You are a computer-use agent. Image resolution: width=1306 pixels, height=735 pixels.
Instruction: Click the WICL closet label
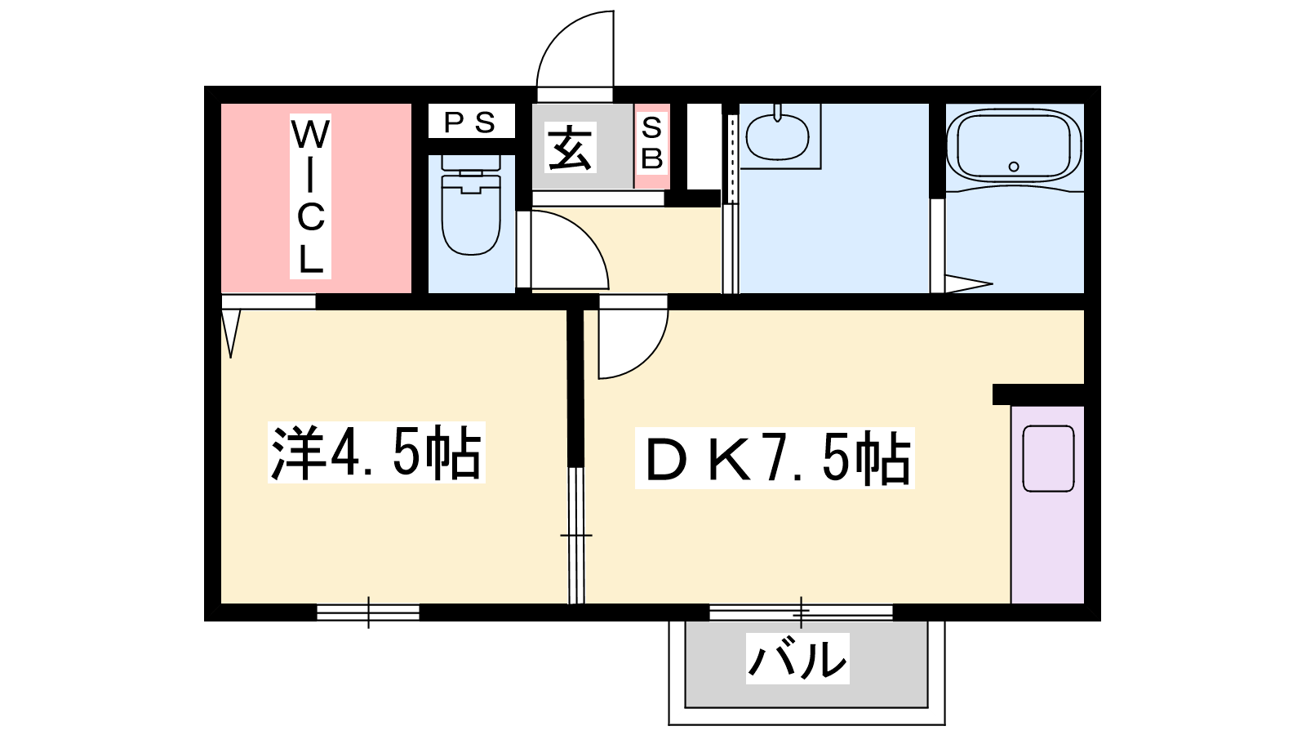(x=311, y=197)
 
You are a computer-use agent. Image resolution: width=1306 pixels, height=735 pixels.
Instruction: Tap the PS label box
(x=471, y=122)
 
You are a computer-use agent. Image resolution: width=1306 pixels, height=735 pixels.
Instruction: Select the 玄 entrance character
(x=571, y=148)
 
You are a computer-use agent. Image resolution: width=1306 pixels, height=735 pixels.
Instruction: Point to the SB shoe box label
(x=651, y=144)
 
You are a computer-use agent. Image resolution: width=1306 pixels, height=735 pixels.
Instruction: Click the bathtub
(x=1014, y=147)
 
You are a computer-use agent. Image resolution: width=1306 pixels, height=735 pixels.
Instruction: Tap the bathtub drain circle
(x=1014, y=167)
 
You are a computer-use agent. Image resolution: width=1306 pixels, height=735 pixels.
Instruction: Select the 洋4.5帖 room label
(x=375, y=452)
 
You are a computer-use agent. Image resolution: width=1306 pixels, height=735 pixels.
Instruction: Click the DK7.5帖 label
(x=775, y=459)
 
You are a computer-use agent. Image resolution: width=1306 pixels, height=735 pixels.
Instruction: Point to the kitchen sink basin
(x=1048, y=458)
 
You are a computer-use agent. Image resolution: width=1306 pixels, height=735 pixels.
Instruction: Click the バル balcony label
(x=798, y=658)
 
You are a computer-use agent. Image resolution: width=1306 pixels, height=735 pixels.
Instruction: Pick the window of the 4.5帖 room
(x=368, y=612)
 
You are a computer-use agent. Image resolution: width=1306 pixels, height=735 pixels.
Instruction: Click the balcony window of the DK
(x=801, y=612)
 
